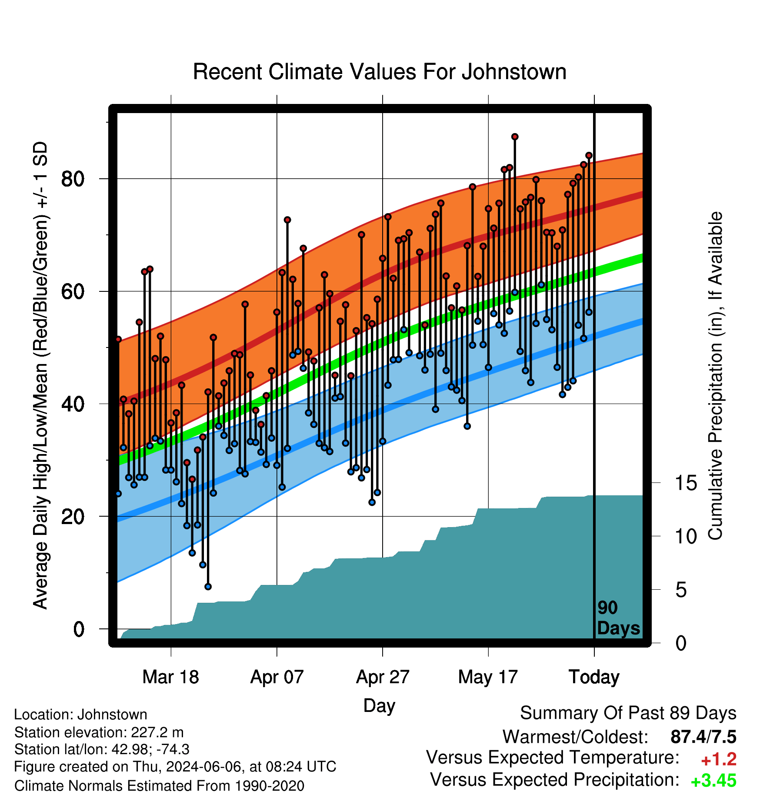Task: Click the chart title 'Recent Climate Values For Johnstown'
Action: (380, 72)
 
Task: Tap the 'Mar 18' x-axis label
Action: (171, 677)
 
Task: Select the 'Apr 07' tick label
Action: (277, 677)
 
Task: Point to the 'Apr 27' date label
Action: (383, 677)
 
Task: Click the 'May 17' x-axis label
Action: (488, 677)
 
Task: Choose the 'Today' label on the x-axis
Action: (594, 677)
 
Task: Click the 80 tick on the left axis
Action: (73, 179)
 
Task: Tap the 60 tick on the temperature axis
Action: (73, 291)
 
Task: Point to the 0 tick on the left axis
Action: (79, 629)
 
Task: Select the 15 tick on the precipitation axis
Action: (686, 483)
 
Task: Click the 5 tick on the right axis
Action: (681, 590)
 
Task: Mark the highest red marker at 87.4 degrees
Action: (515, 137)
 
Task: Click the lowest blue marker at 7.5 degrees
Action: (208, 587)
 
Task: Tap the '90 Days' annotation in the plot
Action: (618, 618)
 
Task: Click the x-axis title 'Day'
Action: (379, 705)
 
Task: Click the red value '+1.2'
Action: (719, 759)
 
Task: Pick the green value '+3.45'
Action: (713, 781)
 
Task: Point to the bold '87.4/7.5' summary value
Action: (703, 737)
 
